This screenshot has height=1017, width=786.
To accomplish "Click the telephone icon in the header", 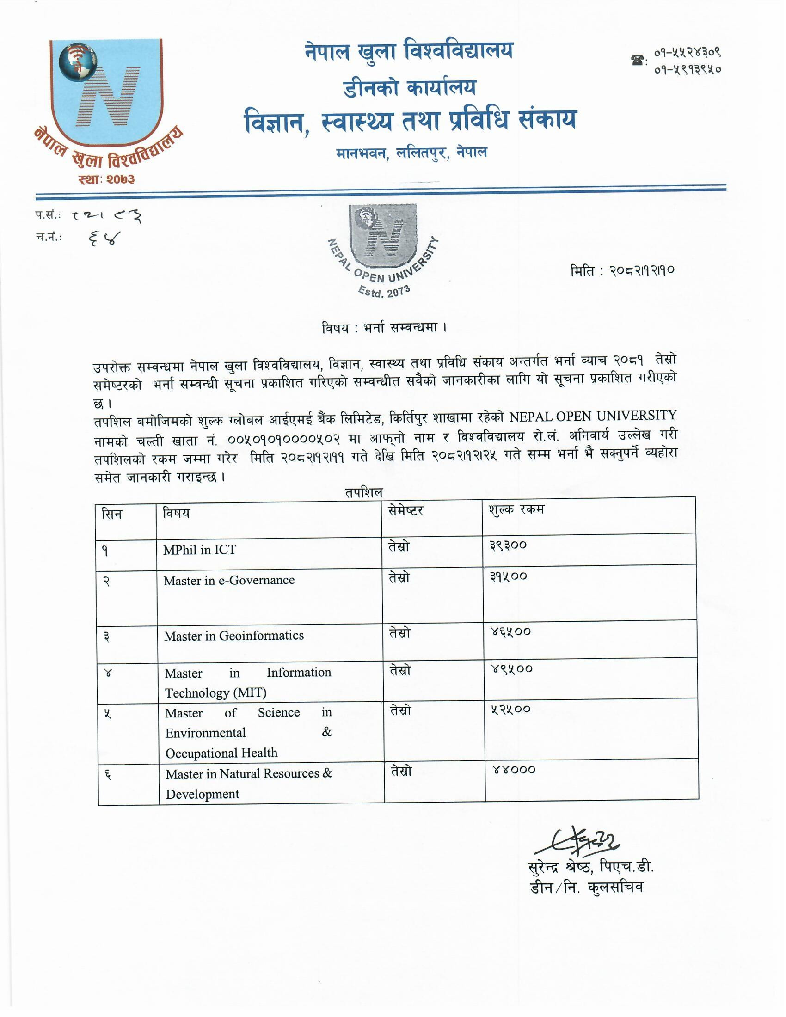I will [638, 60].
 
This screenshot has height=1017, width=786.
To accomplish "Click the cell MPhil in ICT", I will [199, 550].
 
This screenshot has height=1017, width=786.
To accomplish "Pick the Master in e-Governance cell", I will [228, 580].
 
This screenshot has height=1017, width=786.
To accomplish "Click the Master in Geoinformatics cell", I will [234, 636].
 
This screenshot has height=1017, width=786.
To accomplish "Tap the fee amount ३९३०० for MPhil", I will [508, 545].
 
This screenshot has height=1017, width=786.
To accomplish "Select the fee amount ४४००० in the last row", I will [514, 769].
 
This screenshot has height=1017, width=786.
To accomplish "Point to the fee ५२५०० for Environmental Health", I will [511, 709].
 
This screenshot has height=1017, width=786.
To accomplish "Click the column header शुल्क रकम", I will [516, 509].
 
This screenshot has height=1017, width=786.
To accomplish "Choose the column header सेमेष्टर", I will [405, 511].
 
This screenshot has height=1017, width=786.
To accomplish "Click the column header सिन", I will [112, 514].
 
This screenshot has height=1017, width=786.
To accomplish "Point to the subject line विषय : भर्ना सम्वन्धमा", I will [384, 328].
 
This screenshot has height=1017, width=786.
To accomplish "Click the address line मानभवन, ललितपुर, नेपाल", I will [411, 153].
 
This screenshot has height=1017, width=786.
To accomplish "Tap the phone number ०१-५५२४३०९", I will [687, 53].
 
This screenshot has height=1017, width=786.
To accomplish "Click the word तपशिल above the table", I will [364, 492].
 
